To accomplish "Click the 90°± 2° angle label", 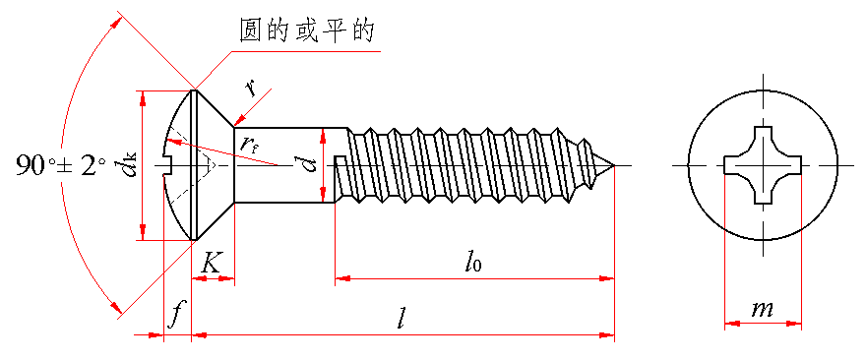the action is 60,165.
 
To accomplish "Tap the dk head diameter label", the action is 132,165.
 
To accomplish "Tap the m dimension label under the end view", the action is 762,309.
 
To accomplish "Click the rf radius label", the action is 250,146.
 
